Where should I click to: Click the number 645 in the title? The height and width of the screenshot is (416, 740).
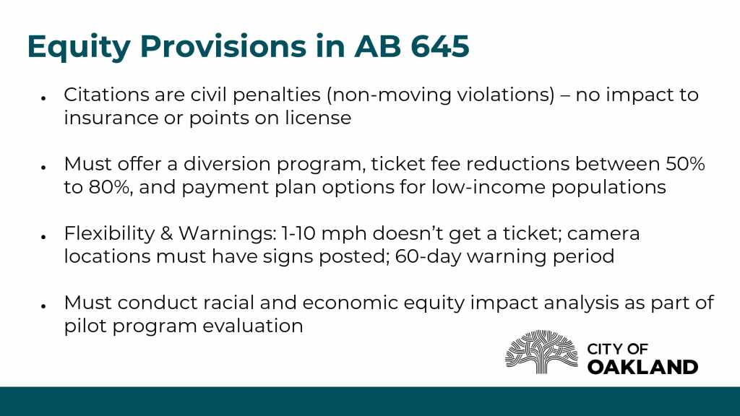(x=440, y=46)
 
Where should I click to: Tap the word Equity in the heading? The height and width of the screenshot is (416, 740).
(x=79, y=48)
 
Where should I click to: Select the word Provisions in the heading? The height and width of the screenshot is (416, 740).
(x=223, y=46)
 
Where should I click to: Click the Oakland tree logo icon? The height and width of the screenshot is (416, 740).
(x=541, y=352)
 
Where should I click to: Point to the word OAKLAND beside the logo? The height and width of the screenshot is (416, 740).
(x=642, y=367)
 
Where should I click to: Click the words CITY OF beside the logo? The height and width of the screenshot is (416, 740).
(x=617, y=349)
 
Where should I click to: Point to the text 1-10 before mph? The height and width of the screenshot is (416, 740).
(x=298, y=233)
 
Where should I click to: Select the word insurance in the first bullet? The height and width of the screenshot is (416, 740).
(x=111, y=118)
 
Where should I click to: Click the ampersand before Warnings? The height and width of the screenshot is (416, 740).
(x=167, y=233)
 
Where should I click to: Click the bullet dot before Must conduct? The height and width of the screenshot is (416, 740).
(x=43, y=306)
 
